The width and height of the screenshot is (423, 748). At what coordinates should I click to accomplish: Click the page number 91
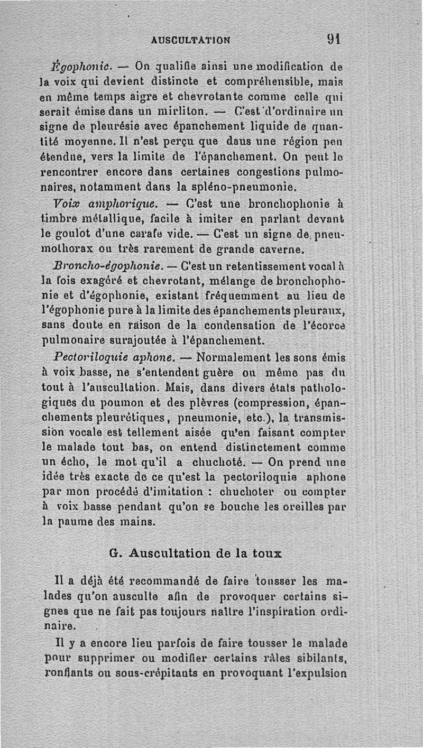click(x=333, y=39)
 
